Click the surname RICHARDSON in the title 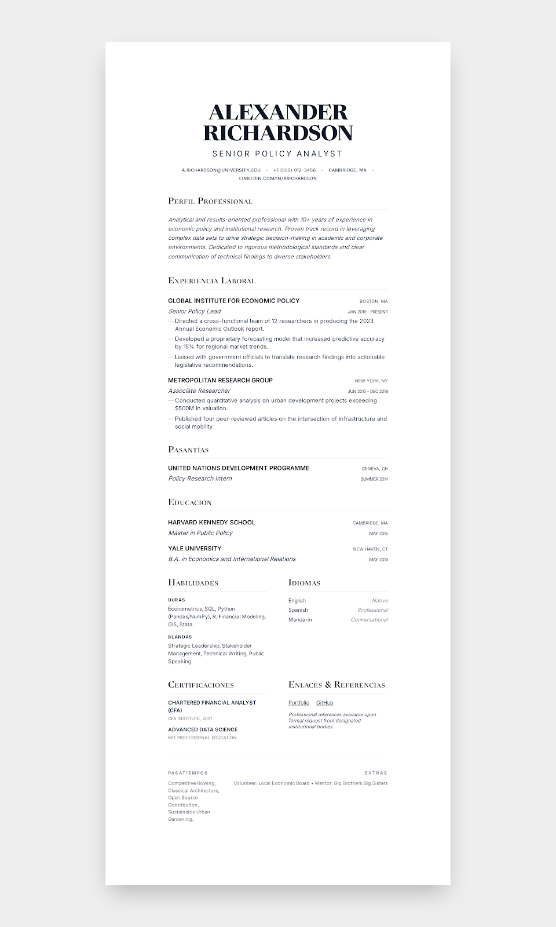(278, 133)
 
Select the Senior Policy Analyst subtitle (278, 154)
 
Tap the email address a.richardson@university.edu (221, 170)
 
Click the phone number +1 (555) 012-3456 (295, 170)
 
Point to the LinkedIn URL (278, 178)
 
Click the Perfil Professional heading (210, 201)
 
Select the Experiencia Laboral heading (212, 280)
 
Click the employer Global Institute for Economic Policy (234, 301)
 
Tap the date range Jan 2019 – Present (368, 312)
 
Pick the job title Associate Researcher (199, 391)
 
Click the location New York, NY (371, 381)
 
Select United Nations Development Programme (239, 468)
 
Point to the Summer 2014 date (374, 479)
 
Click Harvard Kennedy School (211, 523)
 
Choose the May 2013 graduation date (378, 560)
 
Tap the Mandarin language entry (300, 620)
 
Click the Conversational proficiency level (369, 620)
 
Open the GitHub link (324, 703)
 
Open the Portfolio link (299, 703)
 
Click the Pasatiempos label (188, 773)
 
